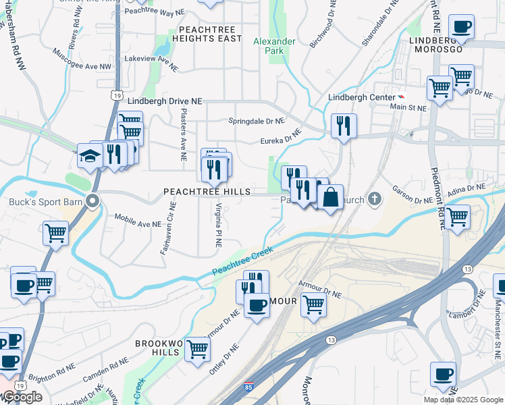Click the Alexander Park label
pos(274,46)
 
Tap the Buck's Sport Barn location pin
pos(95,200)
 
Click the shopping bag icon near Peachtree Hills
pos(330,198)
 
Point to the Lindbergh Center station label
pos(361,97)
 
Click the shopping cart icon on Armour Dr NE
pos(313,304)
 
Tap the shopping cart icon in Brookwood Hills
pos(197,349)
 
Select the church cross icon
pos(375,200)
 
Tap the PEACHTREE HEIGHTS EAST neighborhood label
pos(211,34)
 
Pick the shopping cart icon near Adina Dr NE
pos(458,217)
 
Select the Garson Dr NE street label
pos(413,200)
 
